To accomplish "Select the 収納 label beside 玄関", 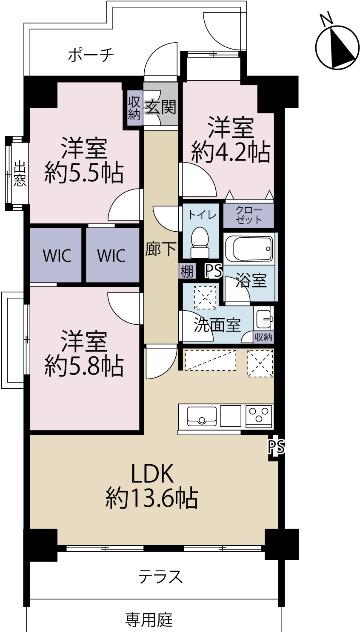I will [x=134, y=106].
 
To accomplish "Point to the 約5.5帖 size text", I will [x=84, y=172].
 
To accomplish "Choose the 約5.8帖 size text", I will [x=84, y=365].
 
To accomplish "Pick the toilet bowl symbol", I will [x=199, y=244].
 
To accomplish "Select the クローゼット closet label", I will [x=249, y=216].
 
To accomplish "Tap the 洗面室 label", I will [x=216, y=324].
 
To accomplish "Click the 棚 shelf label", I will [x=187, y=271].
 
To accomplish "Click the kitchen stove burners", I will [x=257, y=416].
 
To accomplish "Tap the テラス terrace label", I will [x=151, y=578].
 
